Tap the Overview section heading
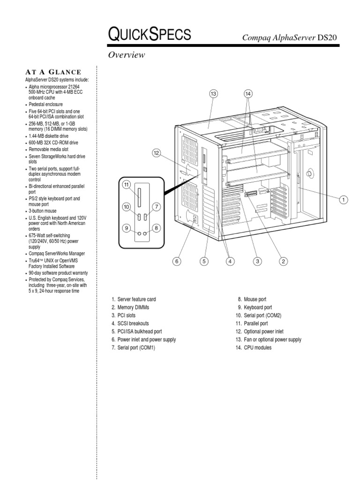[x=127, y=55]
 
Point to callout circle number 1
[x=343, y=200]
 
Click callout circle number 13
[x=214, y=94]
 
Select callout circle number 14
[x=248, y=94]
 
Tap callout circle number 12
[x=157, y=152]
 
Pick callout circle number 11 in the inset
[x=127, y=185]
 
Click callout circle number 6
[x=177, y=261]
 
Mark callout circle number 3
[x=257, y=261]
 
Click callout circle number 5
[x=204, y=261]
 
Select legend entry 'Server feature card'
[x=136, y=299]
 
